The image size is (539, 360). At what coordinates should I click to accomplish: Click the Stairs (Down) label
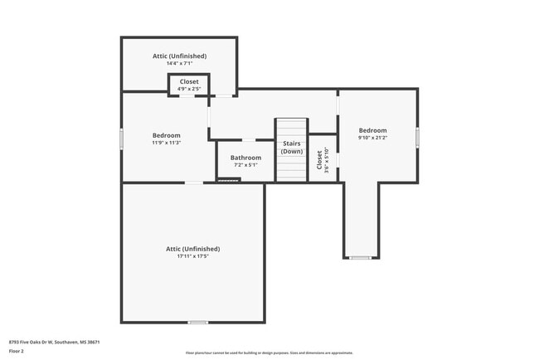click(x=291, y=148)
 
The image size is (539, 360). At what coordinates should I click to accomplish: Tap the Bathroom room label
click(x=245, y=158)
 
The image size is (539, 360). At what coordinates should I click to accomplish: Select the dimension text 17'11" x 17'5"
click(x=192, y=256)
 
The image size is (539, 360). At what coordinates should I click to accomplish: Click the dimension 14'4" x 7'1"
click(x=179, y=64)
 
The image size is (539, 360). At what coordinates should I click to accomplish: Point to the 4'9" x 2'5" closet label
click(x=189, y=90)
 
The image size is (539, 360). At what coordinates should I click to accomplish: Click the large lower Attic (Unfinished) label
click(x=192, y=248)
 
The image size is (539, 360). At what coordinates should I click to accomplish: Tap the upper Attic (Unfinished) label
click(x=179, y=56)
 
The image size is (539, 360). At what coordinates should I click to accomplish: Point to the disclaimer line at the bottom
click(x=269, y=353)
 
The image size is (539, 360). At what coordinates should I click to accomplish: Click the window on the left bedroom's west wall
click(x=122, y=139)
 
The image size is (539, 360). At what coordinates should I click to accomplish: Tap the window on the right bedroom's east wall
click(x=418, y=136)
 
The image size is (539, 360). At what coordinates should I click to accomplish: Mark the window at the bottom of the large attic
click(x=197, y=322)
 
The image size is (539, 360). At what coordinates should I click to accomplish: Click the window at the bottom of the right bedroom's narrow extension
click(x=360, y=258)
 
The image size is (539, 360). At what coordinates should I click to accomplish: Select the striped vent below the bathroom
click(x=228, y=180)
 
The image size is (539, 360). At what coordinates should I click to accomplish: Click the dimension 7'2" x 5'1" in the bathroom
click(x=245, y=165)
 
